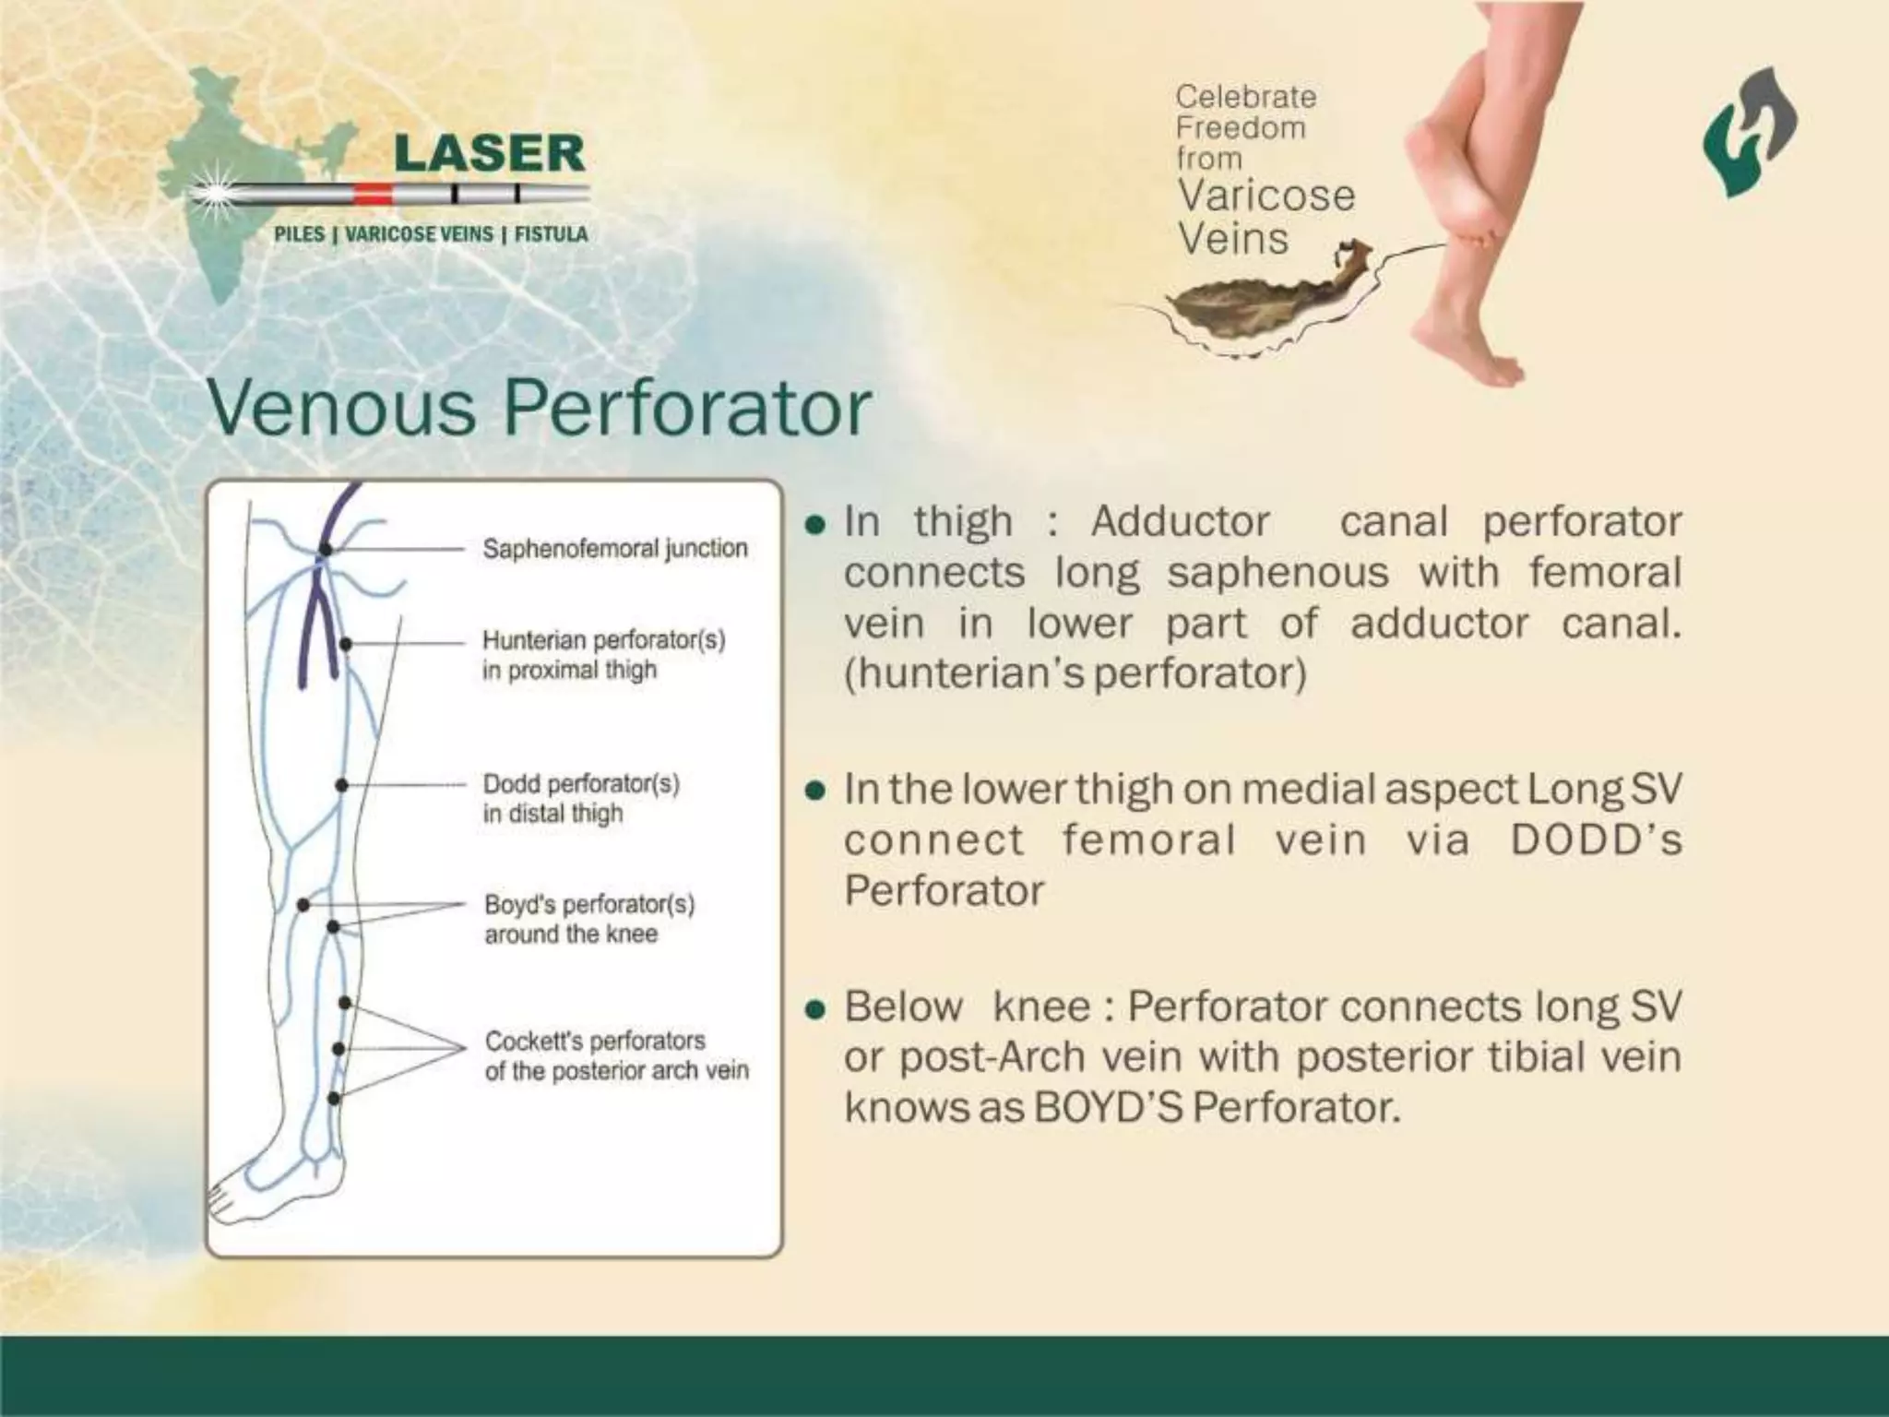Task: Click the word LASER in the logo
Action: pyautogui.click(x=490, y=153)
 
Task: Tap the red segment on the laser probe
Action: pyautogui.click(x=373, y=194)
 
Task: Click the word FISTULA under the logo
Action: pyautogui.click(x=551, y=234)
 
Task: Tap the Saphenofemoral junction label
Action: pyautogui.click(x=615, y=548)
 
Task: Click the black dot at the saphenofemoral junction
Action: pyautogui.click(x=326, y=550)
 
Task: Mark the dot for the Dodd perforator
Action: pyautogui.click(x=341, y=785)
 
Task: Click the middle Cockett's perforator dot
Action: pyautogui.click(x=339, y=1049)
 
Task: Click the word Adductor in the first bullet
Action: pyautogui.click(x=1180, y=522)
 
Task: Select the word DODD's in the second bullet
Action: pyautogui.click(x=1596, y=840)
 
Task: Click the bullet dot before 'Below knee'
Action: pyautogui.click(x=814, y=1009)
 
